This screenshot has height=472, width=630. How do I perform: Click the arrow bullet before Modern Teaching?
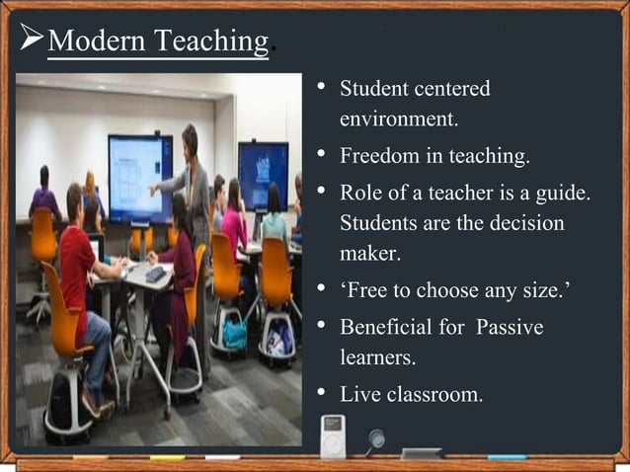pyautogui.click(x=31, y=41)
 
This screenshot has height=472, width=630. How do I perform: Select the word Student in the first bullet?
pyautogui.click(x=370, y=89)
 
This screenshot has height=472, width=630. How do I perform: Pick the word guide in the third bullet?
pyautogui.click(x=563, y=191)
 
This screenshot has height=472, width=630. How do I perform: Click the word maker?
pyautogui.click(x=370, y=255)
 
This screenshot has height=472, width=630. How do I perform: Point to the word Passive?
pyautogui.click(x=510, y=326)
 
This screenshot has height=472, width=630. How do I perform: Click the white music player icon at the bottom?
pyautogui.click(x=333, y=435)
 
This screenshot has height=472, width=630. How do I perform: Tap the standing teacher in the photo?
pyautogui.click(x=192, y=188)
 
